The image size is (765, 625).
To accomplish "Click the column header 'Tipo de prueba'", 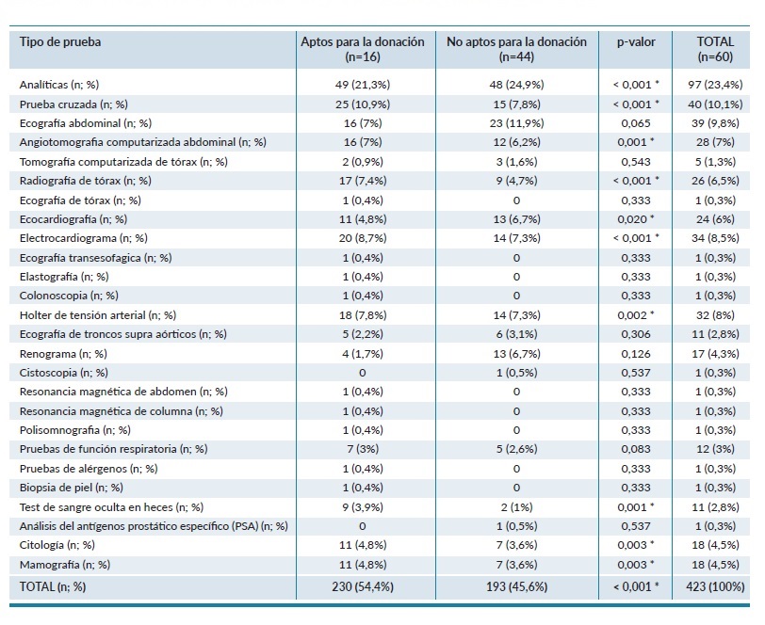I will point(60,42).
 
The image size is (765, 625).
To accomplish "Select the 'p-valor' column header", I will point(636,42).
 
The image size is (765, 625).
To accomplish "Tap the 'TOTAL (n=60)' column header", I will point(715,49).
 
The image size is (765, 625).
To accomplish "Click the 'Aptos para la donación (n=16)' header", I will point(362,49).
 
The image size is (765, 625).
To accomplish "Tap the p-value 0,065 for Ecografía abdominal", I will point(634,123).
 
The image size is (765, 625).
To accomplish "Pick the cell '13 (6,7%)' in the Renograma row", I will point(515,353).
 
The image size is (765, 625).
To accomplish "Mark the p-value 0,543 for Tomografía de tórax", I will point(634,162).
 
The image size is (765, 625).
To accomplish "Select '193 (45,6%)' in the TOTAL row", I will point(515,587).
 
